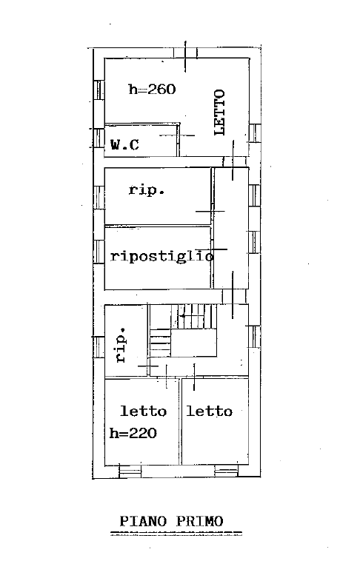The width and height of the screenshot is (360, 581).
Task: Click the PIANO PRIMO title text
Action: (171, 521)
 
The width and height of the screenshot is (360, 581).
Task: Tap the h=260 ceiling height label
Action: (152, 89)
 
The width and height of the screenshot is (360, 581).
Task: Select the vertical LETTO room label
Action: (219, 112)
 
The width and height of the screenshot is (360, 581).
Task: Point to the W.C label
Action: (125, 144)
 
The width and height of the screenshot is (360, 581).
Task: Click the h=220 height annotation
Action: (133, 433)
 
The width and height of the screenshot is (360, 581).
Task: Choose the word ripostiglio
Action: (162, 256)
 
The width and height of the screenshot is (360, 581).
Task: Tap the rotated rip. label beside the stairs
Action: (121, 345)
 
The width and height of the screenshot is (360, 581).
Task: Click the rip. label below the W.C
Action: (147, 190)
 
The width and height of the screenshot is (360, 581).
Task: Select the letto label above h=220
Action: (144, 411)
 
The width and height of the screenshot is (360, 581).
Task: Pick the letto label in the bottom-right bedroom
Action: (210, 411)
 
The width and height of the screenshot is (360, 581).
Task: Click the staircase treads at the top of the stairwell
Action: (193, 317)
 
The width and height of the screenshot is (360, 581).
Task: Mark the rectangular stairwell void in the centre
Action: (194, 343)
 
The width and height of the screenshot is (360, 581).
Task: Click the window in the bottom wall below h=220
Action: (130, 471)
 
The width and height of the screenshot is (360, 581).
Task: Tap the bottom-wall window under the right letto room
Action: (227, 471)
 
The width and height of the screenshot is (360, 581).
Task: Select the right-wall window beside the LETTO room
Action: (255, 132)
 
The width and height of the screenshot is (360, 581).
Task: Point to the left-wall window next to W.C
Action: (99, 138)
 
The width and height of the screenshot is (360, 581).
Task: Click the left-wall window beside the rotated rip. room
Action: (99, 347)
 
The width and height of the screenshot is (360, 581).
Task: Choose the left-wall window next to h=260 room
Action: (99, 90)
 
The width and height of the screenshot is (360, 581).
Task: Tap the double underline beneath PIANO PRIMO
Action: (176, 534)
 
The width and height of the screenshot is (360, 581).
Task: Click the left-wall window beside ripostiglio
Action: (99, 251)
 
